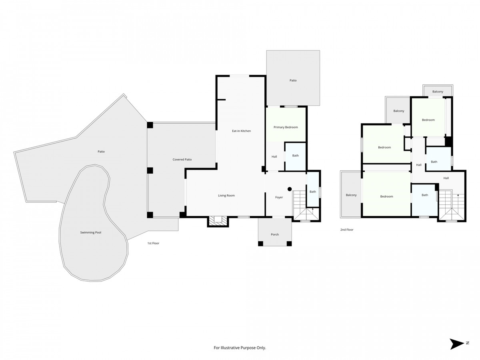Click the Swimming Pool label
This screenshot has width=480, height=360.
click(x=90, y=232)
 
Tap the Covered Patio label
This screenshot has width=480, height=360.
click(x=182, y=160)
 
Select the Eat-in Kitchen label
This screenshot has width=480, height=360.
click(x=241, y=131)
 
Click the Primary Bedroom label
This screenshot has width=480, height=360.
click(x=286, y=127)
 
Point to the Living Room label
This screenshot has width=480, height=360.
click(x=226, y=196)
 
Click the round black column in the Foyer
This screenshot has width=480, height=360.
click(x=290, y=189)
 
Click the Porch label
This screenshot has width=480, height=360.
click(x=275, y=234)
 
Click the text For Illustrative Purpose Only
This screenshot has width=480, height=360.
click(x=240, y=348)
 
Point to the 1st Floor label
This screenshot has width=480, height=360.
click(x=153, y=243)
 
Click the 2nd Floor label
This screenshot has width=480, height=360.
click(x=347, y=230)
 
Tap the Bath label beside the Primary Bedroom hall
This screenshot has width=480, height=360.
click(x=295, y=156)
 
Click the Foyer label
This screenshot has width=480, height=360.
click(x=279, y=197)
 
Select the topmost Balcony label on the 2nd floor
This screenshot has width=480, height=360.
click(x=438, y=92)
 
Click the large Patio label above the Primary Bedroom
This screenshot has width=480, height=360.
click(x=293, y=80)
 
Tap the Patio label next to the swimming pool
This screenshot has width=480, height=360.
click(x=101, y=152)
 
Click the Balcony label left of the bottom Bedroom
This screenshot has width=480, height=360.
click(x=351, y=195)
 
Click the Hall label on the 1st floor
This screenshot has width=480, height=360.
click(x=274, y=157)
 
